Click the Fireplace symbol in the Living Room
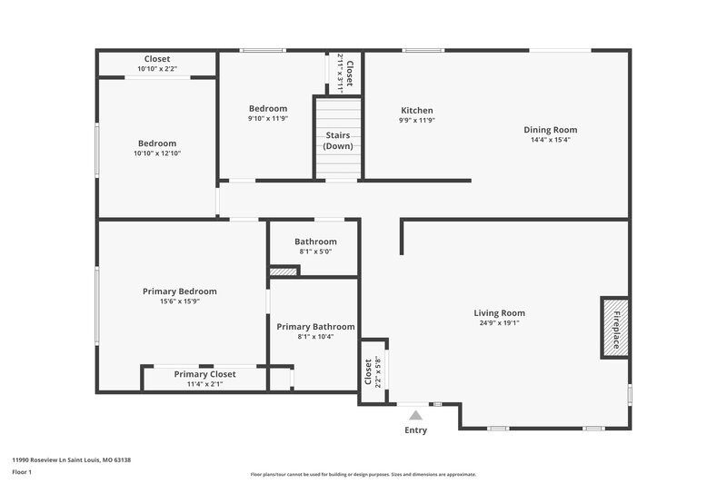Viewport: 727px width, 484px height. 612,327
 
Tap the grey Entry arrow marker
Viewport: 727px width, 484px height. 415,415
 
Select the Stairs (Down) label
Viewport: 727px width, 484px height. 338,141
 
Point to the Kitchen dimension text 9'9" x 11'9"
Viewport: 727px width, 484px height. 416,121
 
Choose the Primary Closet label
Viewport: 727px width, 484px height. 204,374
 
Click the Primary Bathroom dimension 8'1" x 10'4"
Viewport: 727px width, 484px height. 315,337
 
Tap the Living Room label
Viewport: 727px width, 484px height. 500,313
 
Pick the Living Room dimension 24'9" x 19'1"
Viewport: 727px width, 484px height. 500,323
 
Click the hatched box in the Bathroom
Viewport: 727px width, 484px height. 284,271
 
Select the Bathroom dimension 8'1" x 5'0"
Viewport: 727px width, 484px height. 315,252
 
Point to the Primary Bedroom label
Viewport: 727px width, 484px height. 179,291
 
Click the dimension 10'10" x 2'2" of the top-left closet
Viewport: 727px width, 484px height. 157,69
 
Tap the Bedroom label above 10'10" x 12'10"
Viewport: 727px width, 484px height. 157,143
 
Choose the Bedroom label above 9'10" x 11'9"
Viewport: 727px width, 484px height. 268,109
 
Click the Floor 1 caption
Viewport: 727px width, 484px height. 22,472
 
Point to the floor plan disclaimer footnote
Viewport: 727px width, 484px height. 363,474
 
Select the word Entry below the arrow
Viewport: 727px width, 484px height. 415,430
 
